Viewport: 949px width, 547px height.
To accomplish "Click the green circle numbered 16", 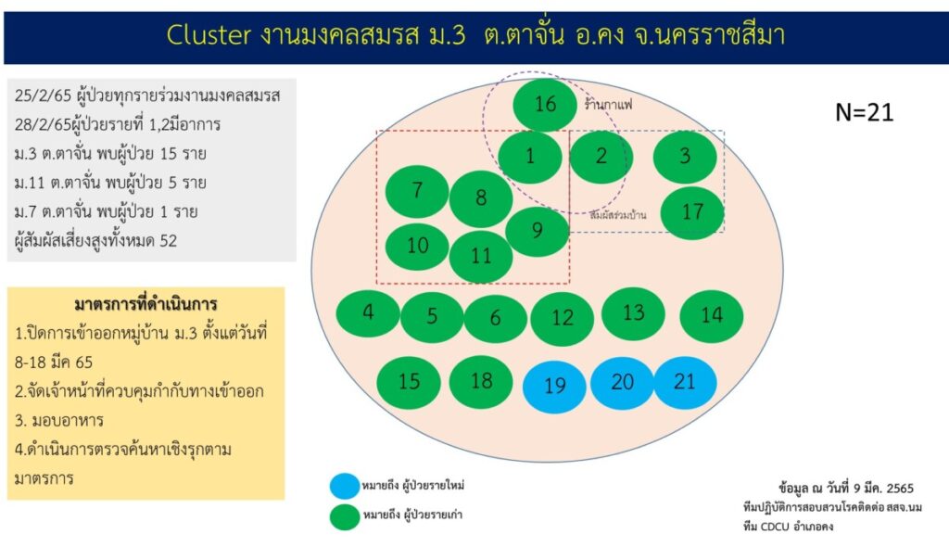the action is click(545, 104).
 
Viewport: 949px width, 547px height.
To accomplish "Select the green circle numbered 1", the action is click(530, 157).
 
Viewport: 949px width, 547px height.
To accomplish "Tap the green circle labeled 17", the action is click(692, 212).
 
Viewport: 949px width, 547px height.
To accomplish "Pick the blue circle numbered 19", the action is click(554, 387).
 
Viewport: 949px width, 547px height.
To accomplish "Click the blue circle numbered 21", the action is click(685, 382).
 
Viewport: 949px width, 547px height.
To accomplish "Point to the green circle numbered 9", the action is click(538, 231).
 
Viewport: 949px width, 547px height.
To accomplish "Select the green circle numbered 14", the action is click(712, 315).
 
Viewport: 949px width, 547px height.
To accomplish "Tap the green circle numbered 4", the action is click(368, 313).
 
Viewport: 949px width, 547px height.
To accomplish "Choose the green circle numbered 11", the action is click(481, 256).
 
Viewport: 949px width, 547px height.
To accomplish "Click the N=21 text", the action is click(865, 113).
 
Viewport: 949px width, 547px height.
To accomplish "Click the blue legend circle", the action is click(345, 486).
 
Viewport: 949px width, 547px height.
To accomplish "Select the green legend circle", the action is click(345, 516).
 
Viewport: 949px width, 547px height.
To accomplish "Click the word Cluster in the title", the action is click(209, 34).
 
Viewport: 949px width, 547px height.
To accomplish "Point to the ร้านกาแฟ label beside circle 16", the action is click(608, 105).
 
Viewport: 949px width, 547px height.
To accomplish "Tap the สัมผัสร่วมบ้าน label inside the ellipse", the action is click(618, 214).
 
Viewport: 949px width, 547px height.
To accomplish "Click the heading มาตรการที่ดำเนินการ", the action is click(146, 303).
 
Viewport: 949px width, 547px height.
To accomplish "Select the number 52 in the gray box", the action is click(169, 241).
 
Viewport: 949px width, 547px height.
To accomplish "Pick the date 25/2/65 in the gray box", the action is click(35, 95).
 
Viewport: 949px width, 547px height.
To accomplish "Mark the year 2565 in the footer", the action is click(900, 489).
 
